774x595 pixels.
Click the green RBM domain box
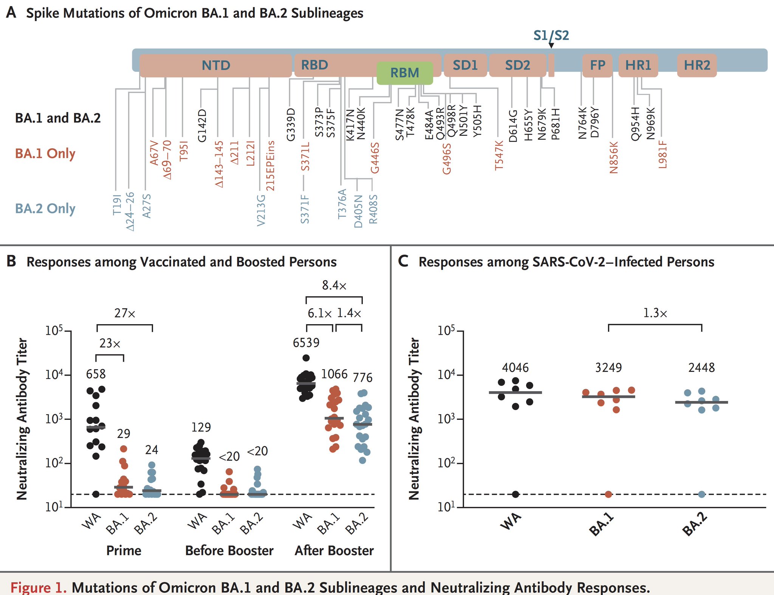tap(404, 73)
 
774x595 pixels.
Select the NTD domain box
tap(215, 65)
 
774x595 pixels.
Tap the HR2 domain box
tap(697, 65)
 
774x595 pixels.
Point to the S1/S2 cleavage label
tap(551, 35)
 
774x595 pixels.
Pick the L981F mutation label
tap(663, 154)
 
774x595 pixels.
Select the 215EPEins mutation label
tap(270, 166)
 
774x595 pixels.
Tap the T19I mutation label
tap(117, 205)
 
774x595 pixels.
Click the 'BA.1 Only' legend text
tap(45, 154)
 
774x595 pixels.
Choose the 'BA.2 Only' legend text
tap(45, 208)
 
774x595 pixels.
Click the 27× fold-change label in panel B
tap(125, 313)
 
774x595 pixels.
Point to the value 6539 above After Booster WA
tap(306, 343)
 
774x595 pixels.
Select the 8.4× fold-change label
tap(334, 285)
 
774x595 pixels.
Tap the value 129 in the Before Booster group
tap(201, 427)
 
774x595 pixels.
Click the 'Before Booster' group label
tap(229, 550)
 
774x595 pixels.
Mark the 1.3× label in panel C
tap(655, 313)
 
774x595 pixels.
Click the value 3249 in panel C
tap(608, 368)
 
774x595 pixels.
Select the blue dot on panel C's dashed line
tap(701, 494)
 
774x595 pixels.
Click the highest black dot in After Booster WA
tap(306, 358)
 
